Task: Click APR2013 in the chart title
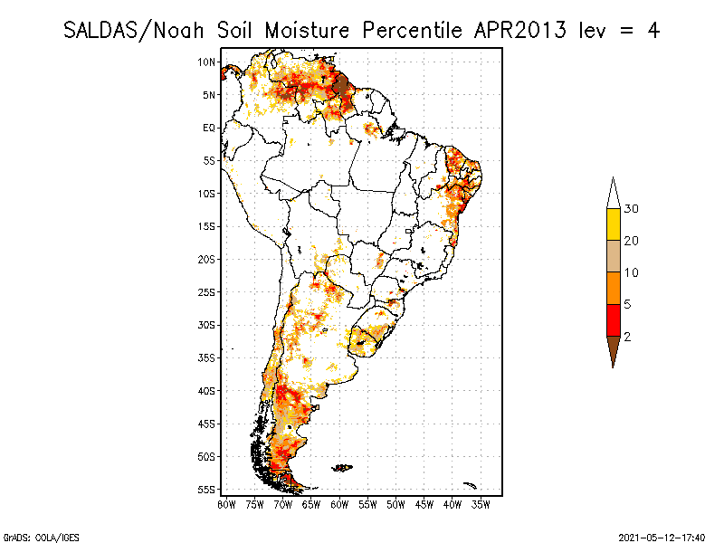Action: point(518,30)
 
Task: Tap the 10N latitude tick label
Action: point(207,62)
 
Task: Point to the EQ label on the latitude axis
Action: point(209,128)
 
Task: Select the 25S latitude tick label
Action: point(207,291)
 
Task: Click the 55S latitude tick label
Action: point(207,489)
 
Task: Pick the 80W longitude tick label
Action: point(226,504)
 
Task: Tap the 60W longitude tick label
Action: point(338,504)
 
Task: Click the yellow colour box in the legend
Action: point(613,224)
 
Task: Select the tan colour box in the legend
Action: point(613,256)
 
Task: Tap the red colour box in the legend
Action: point(613,319)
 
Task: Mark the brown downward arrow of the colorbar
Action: point(613,350)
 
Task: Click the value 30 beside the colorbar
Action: point(632,209)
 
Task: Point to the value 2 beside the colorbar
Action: point(628,336)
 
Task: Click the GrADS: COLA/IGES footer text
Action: point(35,536)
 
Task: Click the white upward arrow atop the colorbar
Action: point(613,193)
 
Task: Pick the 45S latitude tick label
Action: point(207,423)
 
